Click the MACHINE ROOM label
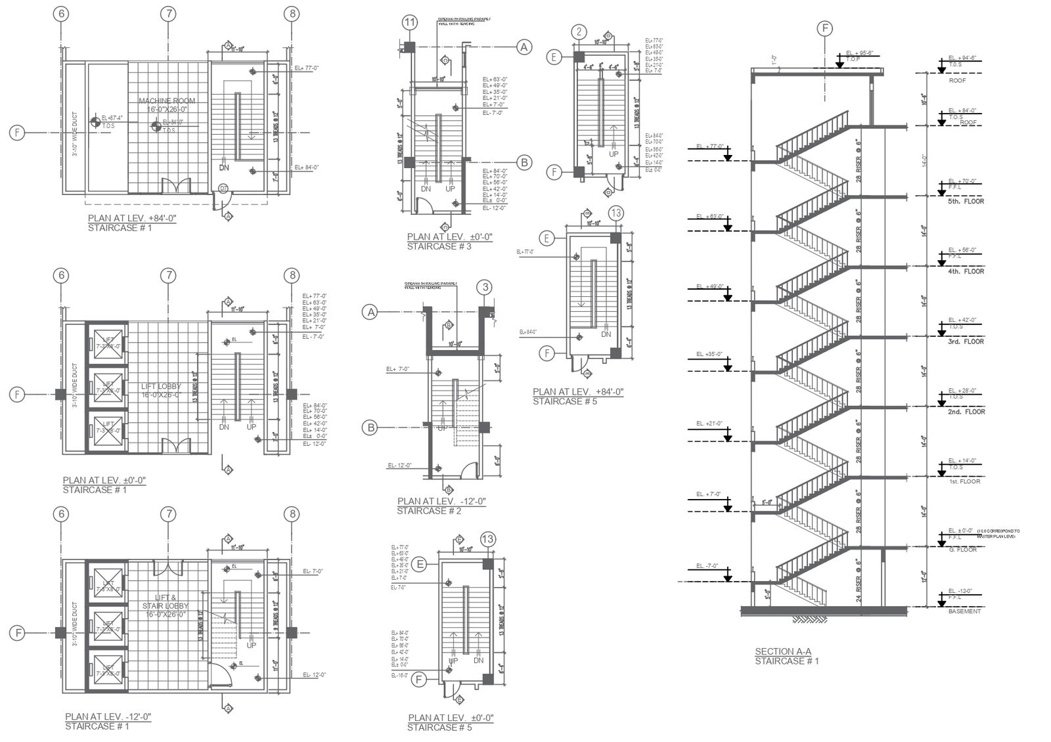(160, 100)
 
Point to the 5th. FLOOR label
(965, 201)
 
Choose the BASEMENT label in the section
(964, 611)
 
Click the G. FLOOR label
(964, 550)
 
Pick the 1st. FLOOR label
(964, 481)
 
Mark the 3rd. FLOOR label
(965, 341)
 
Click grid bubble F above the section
(824, 28)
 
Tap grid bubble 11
(410, 23)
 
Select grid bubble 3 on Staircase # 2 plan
(485, 287)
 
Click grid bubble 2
(579, 31)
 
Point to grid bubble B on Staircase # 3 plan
(524, 162)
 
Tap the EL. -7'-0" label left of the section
(708, 565)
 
